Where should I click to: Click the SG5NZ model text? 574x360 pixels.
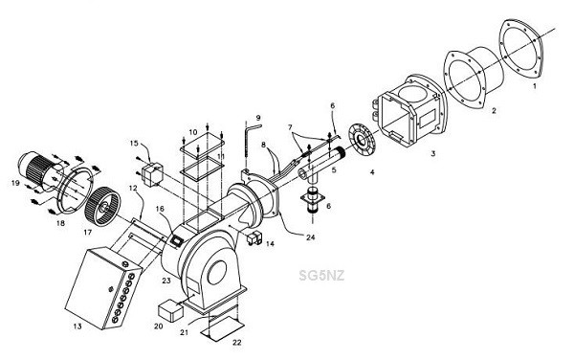tap(321, 275)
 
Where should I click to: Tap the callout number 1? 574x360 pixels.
tap(534, 86)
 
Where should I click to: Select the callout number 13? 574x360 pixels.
tap(77, 326)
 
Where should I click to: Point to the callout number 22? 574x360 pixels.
tap(237, 343)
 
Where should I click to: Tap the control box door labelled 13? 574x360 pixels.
tap(95, 287)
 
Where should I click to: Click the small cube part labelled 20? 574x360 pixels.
tap(170, 310)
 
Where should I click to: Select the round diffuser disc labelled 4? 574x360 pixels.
tap(362, 141)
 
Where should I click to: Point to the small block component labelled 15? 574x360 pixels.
tap(151, 174)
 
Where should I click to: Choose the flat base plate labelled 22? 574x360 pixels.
tap(223, 328)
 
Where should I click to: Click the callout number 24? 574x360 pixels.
tap(310, 237)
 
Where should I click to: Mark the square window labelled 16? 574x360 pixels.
tap(177, 240)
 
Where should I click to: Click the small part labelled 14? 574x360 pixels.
tap(254, 237)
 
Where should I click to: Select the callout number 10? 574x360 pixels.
tap(193, 132)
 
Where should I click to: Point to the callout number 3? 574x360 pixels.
tap(433, 154)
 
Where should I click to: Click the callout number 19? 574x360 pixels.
tap(15, 182)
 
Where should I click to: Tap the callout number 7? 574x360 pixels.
tap(290, 127)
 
